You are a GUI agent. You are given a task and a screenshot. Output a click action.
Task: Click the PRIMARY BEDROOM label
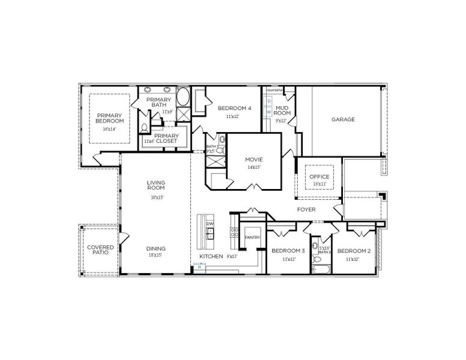(109, 118)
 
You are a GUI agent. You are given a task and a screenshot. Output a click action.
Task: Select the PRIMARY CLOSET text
(166, 139)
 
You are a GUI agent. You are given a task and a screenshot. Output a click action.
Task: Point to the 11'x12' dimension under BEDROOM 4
(233, 116)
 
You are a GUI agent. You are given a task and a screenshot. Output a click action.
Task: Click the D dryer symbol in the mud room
(269, 101)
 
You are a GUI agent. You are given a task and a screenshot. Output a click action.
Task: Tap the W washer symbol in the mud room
(269, 112)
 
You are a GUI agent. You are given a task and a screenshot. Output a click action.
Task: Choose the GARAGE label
(343, 119)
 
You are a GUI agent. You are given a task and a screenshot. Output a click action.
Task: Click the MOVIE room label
(254, 160)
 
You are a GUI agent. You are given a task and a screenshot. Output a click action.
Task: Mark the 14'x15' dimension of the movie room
(254, 167)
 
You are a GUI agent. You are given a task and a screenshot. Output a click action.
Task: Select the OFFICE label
(319, 177)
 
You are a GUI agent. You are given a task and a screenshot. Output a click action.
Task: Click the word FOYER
(307, 209)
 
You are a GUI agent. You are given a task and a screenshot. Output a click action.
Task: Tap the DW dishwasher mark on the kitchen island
(210, 224)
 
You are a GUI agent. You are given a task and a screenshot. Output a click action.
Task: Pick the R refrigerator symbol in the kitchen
(199, 268)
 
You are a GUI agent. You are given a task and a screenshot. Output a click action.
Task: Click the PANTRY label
(252, 238)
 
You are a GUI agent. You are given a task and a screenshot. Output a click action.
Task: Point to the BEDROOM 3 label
(288, 251)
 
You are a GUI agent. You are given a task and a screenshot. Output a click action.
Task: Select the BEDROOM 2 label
(353, 251)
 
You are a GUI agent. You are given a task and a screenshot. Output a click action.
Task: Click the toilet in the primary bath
(145, 128)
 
